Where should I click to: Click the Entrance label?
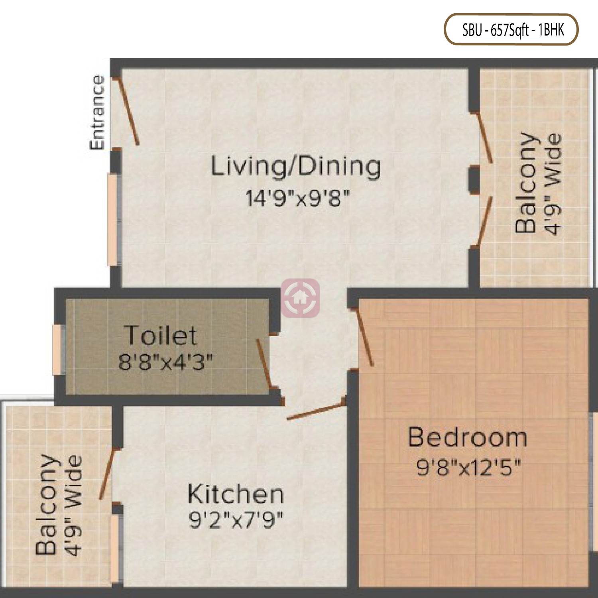tap(97, 113)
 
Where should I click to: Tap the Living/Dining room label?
tap(295, 167)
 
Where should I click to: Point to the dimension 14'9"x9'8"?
tap(297, 198)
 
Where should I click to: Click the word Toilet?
tap(161, 335)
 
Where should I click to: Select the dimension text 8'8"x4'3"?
tap(166, 362)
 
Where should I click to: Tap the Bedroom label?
tap(467, 437)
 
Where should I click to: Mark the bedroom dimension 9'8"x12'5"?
tap(468, 467)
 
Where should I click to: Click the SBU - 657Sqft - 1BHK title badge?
tap(511, 30)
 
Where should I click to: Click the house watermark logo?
tap(301, 297)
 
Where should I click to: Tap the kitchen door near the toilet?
tap(316, 411)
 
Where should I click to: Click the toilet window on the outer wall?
tap(58, 350)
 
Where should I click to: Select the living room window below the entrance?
tap(113, 220)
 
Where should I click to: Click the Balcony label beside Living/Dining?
tap(525, 182)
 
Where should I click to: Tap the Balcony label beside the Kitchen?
tap(46, 504)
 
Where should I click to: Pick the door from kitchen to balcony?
tap(107, 474)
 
